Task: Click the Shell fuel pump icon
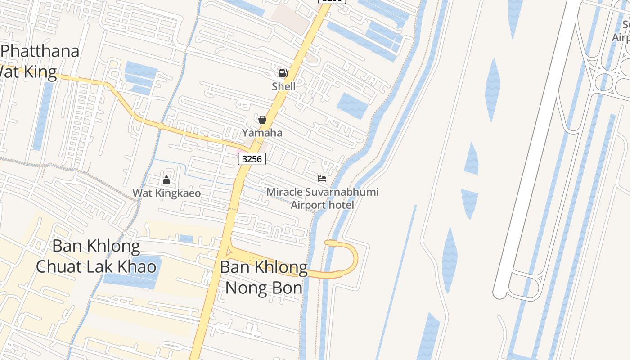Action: click(283, 73)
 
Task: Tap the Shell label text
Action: click(283, 86)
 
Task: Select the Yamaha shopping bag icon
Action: click(262, 120)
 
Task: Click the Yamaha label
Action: click(262, 133)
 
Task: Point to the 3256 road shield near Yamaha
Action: click(252, 158)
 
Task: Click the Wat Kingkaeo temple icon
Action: click(166, 180)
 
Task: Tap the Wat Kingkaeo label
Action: click(166, 193)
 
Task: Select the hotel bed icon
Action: click(322, 179)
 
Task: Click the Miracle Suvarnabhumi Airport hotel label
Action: click(322, 198)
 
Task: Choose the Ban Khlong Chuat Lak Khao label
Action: click(96, 256)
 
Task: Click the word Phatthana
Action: click(40, 51)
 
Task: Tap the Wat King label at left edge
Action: click(28, 72)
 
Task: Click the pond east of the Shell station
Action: click(353, 105)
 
